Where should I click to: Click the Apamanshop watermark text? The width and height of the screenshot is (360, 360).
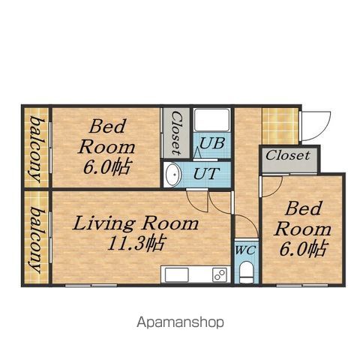coord(180,322)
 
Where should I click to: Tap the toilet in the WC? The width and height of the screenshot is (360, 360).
coord(247,272)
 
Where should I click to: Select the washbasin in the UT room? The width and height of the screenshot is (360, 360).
coord(173,174)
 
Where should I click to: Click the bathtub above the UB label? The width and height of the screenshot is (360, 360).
coord(212,120)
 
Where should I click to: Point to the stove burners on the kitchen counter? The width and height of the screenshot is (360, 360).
coord(220,274)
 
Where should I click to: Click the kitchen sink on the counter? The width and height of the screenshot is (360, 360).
coord(177,274)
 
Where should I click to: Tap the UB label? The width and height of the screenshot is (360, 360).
coord(211,144)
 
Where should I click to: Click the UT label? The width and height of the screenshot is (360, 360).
coord(206,173)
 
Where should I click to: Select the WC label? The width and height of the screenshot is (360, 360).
coord(245,250)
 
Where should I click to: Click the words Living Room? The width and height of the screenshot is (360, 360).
coord(136,223)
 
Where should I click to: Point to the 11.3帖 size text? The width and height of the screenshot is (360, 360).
coord(136,242)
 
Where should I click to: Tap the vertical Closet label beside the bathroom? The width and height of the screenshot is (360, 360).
coord(177,133)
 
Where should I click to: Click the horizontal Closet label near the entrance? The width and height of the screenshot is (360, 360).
coord(287,155)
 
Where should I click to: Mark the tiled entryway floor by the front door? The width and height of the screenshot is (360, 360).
coord(280,126)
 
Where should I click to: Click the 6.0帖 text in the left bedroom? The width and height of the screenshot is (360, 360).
coord(106,167)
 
